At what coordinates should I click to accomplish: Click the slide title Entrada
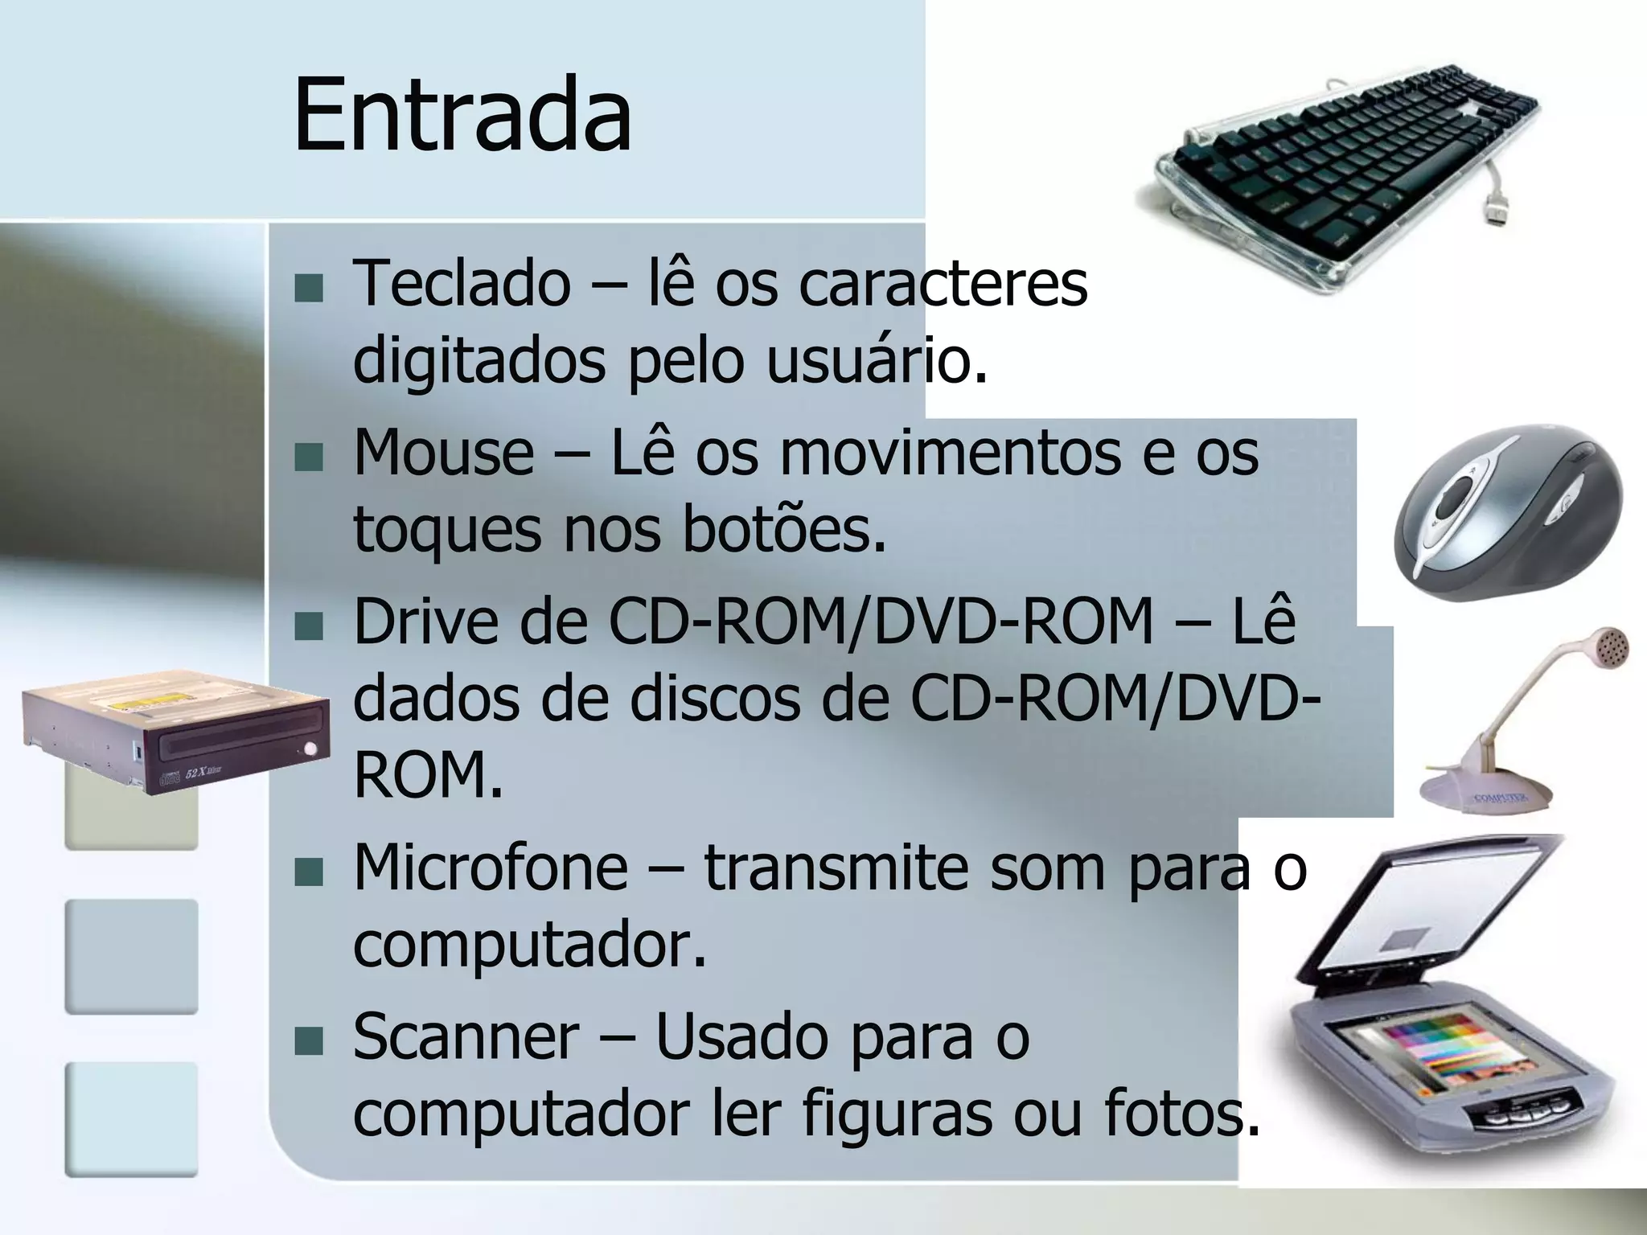[x=462, y=114]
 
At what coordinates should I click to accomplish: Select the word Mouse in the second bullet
[x=443, y=453]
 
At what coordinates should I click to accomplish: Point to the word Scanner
[x=466, y=1036]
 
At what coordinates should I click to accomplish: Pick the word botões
[x=784, y=531]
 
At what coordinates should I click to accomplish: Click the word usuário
[x=875, y=361]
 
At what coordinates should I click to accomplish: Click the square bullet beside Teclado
[x=308, y=288]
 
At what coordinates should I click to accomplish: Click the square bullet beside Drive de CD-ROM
[x=308, y=626]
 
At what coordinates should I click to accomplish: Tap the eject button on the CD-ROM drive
[x=310, y=749]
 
